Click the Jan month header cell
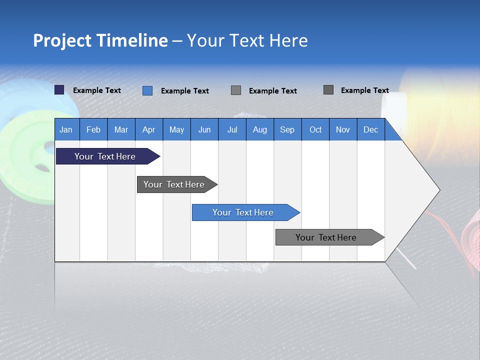point(66,129)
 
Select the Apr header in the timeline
point(149,129)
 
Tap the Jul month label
point(232,129)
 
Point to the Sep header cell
point(287,129)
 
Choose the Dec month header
point(370,129)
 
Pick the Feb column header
point(93,129)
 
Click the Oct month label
point(315,129)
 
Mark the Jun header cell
point(204,129)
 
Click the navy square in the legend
point(59,90)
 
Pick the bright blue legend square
point(147,90)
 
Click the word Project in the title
point(62,40)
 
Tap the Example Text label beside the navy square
point(97,90)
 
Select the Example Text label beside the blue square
point(185,91)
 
